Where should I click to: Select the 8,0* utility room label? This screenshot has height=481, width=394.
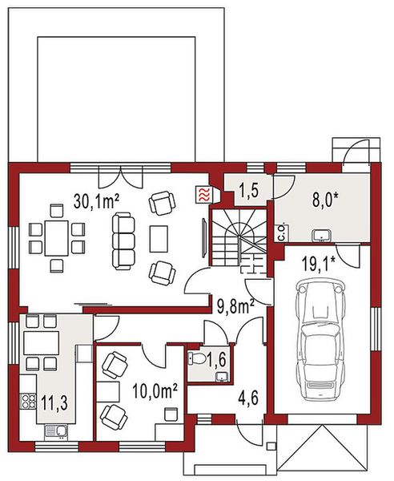tap(327, 198)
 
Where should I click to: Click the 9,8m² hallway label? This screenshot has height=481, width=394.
tap(235, 305)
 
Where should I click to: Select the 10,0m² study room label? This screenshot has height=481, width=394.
tap(153, 391)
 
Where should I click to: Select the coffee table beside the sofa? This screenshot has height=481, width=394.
tap(159, 238)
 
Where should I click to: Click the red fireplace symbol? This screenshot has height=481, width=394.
tap(205, 193)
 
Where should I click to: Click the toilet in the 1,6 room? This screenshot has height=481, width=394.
tap(195, 360)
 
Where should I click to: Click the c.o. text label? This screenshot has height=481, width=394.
tap(282, 233)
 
